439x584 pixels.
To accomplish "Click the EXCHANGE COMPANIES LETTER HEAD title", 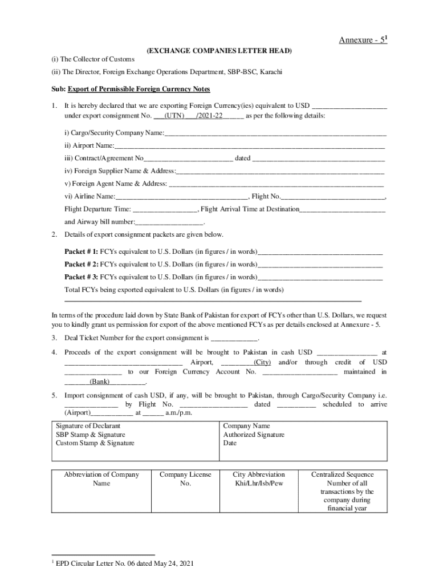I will point(219,51).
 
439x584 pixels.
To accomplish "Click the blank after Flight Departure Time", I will point(165,209).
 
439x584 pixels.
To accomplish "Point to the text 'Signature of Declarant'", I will point(88,426).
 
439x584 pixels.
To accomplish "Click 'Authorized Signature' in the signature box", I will point(254,435).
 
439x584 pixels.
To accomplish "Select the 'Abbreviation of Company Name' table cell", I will point(101,479).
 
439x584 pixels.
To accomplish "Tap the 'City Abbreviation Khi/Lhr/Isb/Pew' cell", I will point(259,479).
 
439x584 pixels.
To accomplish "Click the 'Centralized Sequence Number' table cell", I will point(342,491).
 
